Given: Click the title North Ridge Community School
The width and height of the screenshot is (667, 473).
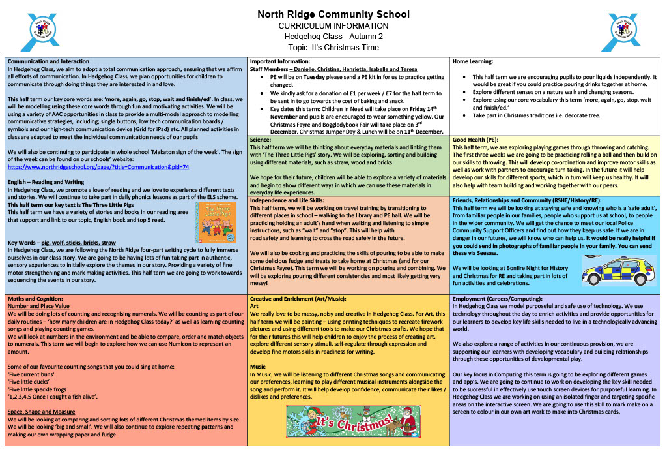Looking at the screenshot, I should [333, 14].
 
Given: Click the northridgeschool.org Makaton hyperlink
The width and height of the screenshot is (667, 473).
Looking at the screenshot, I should [98, 167].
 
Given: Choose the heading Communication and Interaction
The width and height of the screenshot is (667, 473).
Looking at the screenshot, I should [49, 61].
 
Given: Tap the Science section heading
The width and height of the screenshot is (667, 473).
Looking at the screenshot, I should [263, 139].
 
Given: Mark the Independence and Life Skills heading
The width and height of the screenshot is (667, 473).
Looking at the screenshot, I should [287, 201].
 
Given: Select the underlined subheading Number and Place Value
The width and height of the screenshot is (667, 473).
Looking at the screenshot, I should [38, 305].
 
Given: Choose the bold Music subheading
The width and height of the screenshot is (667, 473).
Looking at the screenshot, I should [258, 367].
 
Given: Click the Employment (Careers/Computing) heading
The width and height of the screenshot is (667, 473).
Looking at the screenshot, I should [497, 298].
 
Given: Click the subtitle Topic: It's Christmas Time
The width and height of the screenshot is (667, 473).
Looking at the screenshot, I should [333, 47].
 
